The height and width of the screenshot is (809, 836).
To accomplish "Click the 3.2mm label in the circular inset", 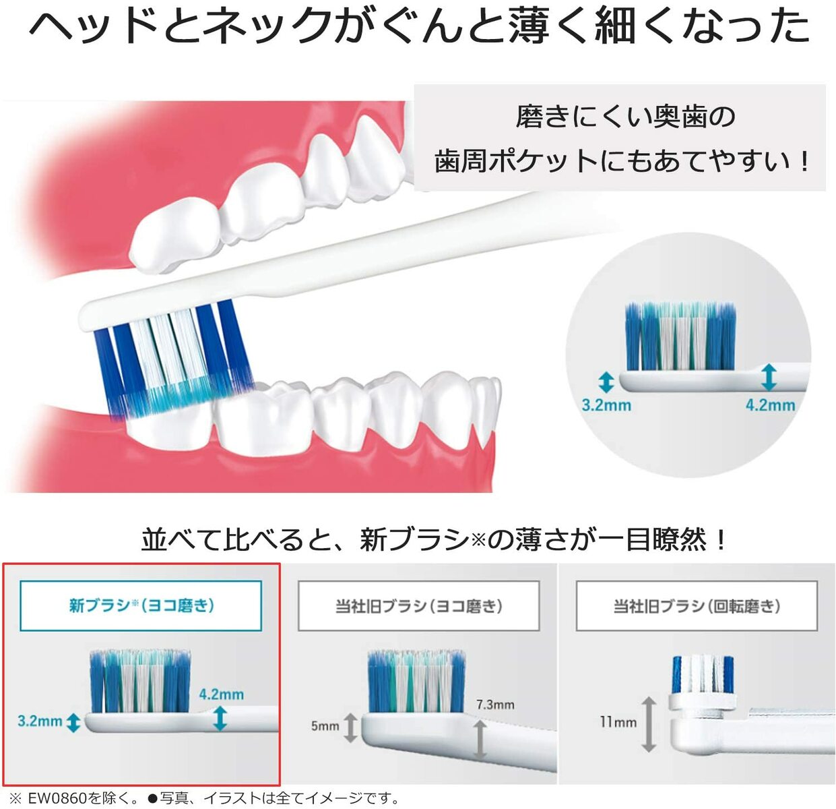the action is pyautogui.click(x=606, y=405).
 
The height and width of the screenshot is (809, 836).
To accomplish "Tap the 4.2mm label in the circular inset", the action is pyautogui.click(x=770, y=405).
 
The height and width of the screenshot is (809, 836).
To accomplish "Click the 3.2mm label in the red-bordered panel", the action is pyautogui.click(x=40, y=721).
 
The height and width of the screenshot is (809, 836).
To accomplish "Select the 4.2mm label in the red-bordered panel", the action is pyautogui.click(x=221, y=694).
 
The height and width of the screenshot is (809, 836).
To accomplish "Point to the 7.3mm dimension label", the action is pyautogui.click(x=495, y=705).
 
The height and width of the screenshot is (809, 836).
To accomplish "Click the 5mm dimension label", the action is pyautogui.click(x=325, y=726).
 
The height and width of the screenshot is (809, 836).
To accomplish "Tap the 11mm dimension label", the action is pyautogui.click(x=618, y=722).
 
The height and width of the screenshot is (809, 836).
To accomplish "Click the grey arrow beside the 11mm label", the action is pyautogui.click(x=649, y=725).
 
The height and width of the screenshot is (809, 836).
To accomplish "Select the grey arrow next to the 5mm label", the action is pyautogui.click(x=350, y=727).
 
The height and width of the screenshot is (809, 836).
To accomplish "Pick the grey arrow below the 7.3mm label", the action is pyautogui.click(x=480, y=740).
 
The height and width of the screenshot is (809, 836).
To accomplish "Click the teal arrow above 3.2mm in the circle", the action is pyautogui.click(x=606, y=382).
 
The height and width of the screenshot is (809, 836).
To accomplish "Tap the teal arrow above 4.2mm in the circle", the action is pyautogui.click(x=769, y=378).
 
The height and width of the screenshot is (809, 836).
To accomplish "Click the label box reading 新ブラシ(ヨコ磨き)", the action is pyautogui.click(x=141, y=606).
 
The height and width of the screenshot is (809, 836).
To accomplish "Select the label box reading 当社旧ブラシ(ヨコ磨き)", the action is pyautogui.click(x=419, y=606).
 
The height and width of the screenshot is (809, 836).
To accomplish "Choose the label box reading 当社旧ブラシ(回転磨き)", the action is pyautogui.click(x=697, y=606).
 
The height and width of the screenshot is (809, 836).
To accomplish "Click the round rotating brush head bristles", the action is pyautogui.click(x=703, y=674).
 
